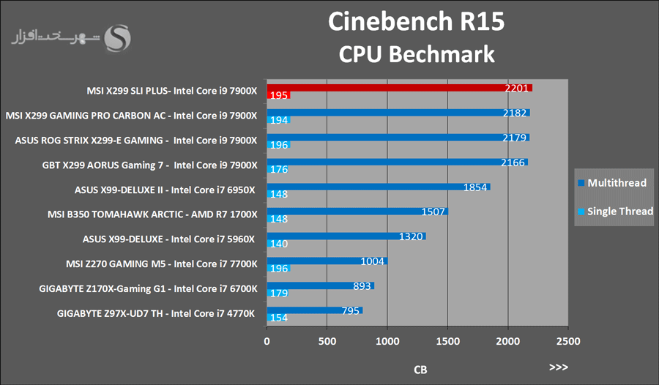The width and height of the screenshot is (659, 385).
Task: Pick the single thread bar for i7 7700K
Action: click(279, 268)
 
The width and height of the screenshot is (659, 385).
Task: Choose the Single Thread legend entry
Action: click(615, 212)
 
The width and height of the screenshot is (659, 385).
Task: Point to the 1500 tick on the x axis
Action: click(447, 341)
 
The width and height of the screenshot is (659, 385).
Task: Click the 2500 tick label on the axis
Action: click(567, 341)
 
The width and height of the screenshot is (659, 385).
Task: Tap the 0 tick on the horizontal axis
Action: click(267, 341)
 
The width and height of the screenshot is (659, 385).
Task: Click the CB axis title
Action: click(420, 370)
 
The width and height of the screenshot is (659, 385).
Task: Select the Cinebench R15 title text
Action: click(416, 21)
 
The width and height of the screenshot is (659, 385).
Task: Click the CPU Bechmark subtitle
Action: click(416, 54)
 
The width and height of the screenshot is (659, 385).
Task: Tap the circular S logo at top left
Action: click(119, 37)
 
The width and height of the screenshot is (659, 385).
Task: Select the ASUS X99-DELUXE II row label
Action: click(165, 190)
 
